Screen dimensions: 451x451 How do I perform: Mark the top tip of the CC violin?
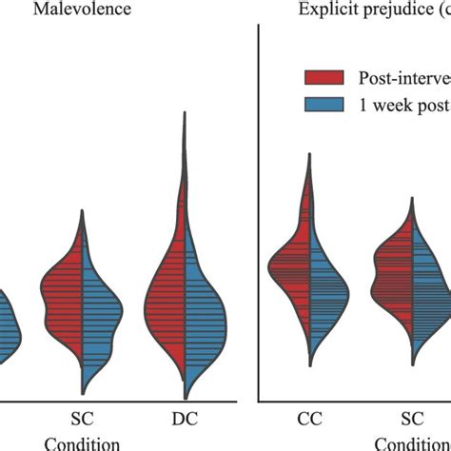(307, 154)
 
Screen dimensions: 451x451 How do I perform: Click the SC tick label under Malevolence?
(83, 417)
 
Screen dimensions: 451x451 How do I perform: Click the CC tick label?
(307, 417)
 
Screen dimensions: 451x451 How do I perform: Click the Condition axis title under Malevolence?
(83, 442)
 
